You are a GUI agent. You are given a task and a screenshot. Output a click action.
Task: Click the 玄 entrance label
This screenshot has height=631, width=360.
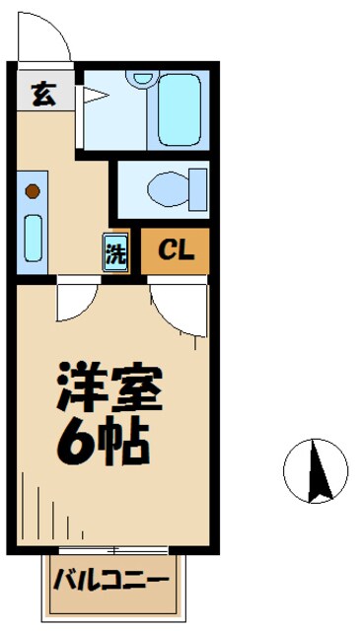(x=41, y=96)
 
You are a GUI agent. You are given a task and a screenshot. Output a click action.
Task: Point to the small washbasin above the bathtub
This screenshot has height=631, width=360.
(x=144, y=77)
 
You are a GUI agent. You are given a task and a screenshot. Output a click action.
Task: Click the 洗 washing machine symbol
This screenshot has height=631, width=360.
(x=116, y=252)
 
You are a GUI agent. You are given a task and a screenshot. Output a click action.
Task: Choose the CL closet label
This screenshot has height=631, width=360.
(x=177, y=251)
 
